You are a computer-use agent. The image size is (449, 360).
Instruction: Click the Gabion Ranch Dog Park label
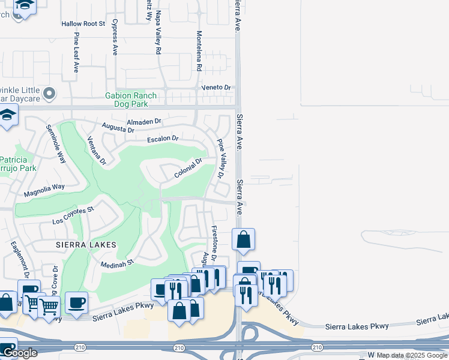(131, 100)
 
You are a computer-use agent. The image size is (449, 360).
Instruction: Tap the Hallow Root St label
(83, 24)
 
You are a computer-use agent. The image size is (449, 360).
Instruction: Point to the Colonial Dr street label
(188, 169)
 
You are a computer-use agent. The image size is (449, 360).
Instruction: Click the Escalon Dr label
(163, 139)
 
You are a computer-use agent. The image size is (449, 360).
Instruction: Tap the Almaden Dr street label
(145, 121)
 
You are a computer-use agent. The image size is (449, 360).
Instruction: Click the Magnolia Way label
(44, 191)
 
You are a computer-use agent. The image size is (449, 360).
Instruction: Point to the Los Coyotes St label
(74, 215)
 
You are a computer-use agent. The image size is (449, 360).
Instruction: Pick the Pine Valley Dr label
(220, 160)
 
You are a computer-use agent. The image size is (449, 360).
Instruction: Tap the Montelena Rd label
(198, 50)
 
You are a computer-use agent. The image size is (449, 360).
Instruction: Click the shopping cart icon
(49, 307)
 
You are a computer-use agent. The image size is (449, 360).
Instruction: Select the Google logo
(20, 353)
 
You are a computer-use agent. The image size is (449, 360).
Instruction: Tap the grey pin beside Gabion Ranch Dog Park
(50, 94)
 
